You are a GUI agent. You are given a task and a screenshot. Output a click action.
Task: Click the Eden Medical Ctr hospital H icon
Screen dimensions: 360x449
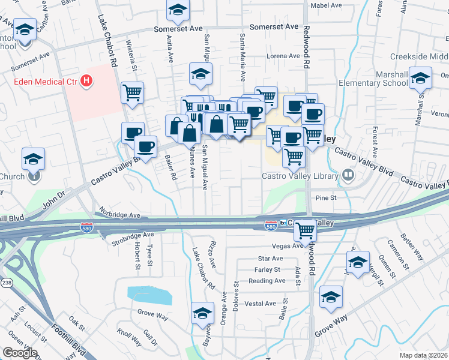click(x=87, y=80)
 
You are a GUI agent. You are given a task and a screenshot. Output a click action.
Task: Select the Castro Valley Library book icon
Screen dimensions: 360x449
click(x=348, y=175)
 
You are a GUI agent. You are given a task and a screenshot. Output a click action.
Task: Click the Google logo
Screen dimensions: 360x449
click(x=20, y=353)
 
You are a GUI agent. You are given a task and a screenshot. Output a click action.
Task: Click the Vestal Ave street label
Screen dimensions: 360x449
click(x=261, y=303)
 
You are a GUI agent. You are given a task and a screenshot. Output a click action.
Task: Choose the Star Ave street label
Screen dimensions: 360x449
click(x=265, y=258)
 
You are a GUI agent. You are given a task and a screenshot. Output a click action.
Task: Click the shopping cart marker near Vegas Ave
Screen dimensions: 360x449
click(x=306, y=229)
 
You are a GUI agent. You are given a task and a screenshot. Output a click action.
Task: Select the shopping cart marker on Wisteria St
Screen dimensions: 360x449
click(x=132, y=92)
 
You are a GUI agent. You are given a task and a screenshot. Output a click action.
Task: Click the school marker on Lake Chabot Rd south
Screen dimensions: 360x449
click(x=202, y=313)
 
